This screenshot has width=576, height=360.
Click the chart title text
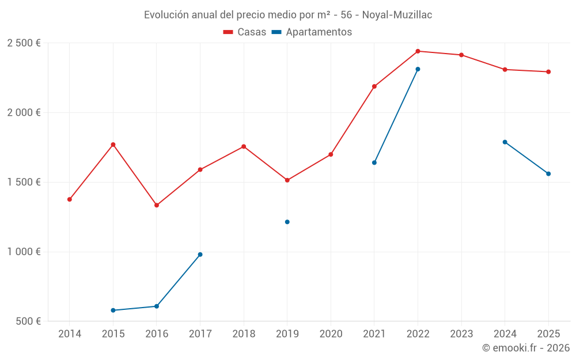288,14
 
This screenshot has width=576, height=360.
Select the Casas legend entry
245,32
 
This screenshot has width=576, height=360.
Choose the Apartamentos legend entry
312,32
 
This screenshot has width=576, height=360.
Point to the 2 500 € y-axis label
24,43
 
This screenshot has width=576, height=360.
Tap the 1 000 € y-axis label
24,252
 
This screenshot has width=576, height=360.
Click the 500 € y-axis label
27,321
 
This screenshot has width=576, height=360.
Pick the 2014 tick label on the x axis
70,334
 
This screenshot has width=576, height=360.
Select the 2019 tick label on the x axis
287,334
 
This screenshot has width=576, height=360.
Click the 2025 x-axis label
548,334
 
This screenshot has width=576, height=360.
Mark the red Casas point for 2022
418,51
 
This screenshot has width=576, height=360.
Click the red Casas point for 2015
113,145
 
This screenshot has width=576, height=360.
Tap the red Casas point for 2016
157,205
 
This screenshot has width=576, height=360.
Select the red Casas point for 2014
70,199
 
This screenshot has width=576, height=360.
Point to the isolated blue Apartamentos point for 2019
287,222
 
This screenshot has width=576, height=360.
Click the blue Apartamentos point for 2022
418,69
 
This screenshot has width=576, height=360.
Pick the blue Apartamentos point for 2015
113,310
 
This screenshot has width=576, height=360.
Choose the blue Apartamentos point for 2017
200,255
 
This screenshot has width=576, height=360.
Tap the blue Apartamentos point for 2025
548,174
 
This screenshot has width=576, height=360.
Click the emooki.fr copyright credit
525,348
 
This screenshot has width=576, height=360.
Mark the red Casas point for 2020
331,154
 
